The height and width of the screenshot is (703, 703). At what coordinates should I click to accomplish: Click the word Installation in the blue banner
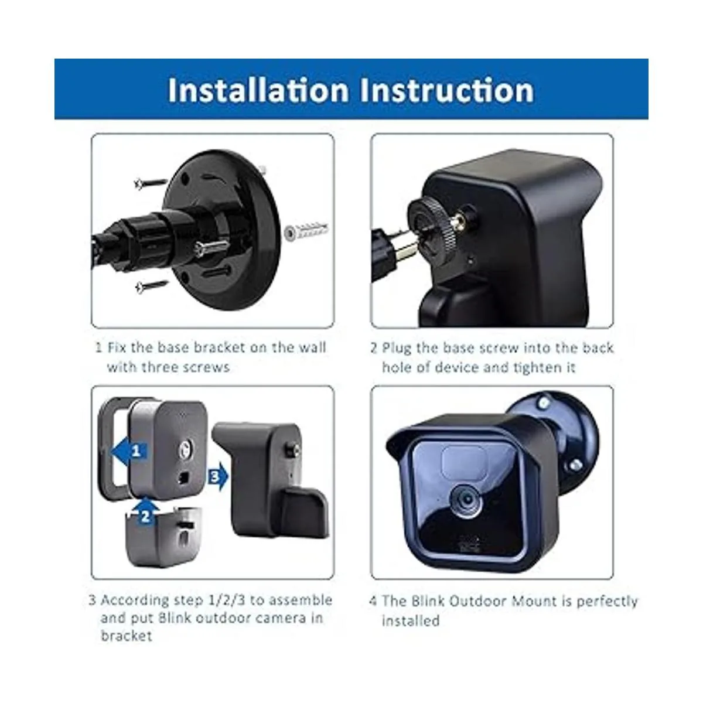(x=258, y=90)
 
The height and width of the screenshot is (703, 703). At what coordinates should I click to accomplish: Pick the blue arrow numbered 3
(x=217, y=477)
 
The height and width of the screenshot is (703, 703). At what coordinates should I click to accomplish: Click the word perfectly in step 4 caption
(x=607, y=601)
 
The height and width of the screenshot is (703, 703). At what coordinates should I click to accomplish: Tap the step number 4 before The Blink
(x=374, y=601)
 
